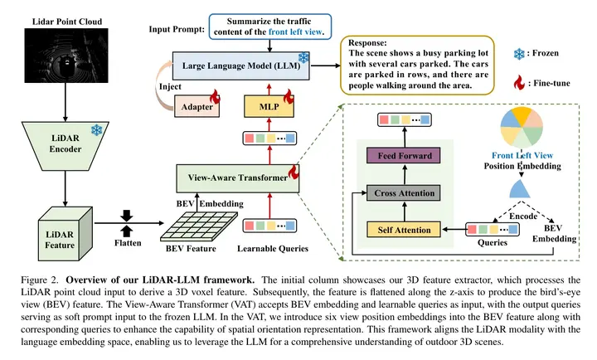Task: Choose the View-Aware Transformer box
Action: coord(234,177)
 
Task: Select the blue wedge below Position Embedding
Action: coord(520,190)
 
